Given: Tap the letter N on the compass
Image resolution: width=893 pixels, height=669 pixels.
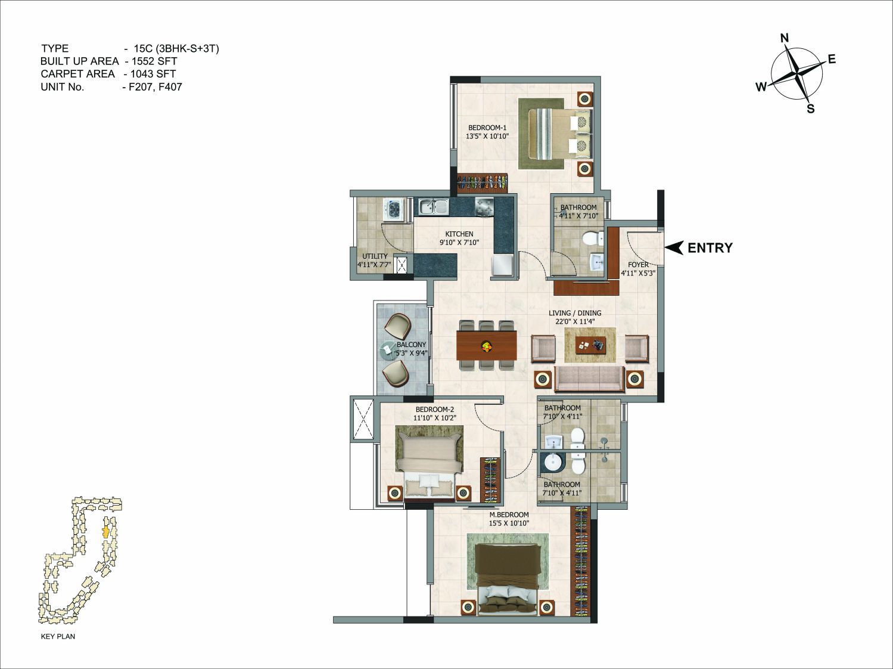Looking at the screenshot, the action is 785,38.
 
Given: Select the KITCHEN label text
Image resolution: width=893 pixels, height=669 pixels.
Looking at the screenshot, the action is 459,234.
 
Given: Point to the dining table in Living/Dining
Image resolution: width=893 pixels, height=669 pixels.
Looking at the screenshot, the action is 487,345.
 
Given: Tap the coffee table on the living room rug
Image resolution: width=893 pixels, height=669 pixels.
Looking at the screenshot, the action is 591,345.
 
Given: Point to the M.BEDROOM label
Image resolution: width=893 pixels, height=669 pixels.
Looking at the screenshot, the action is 509,515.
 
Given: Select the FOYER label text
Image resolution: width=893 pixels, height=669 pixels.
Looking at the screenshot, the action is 638,265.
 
